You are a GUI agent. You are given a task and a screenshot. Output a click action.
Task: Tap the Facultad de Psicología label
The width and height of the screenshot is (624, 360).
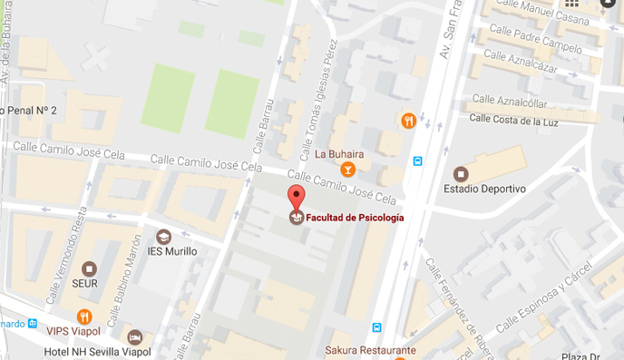(x=354, y=218)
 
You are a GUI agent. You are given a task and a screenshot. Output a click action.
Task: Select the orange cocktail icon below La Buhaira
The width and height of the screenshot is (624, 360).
(x=346, y=170)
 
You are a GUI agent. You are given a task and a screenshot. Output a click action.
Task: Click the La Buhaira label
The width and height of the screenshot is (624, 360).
(x=338, y=152)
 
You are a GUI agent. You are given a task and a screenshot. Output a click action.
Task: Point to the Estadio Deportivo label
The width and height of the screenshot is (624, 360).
(x=484, y=189)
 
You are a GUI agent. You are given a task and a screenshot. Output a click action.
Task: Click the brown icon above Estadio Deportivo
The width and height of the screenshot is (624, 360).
(x=461, y=173)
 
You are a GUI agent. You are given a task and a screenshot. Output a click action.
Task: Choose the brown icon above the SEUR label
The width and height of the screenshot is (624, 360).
(x=89, y=268)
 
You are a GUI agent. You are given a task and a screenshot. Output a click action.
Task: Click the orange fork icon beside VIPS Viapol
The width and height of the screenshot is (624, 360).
(x=84, y=316)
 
